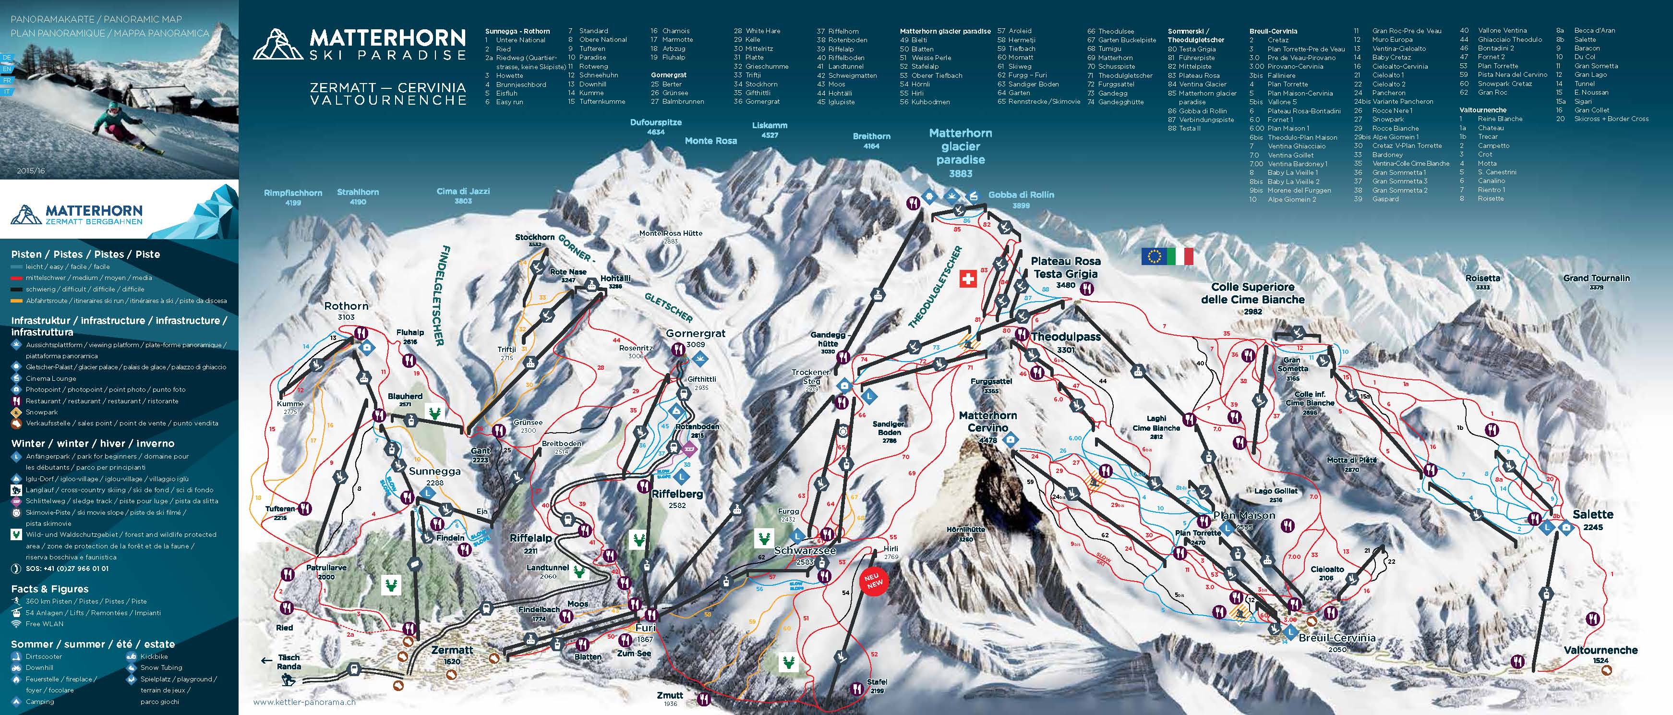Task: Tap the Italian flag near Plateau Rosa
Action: pyautogui.click(x=1180, y=256)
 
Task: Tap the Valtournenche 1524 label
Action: pyautogui.click(x=1600, y=654)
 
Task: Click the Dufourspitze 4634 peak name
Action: pyautogui.click(x=655, y=126)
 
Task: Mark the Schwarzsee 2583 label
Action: pyautogui.click(x=805, y=555)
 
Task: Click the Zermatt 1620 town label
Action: pyautogui.click(x=452, y=654)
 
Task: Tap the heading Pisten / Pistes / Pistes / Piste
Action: pyautogui.click(x=85, y=254)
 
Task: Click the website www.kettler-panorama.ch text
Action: pyautogui.click(x=304, y=702)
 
